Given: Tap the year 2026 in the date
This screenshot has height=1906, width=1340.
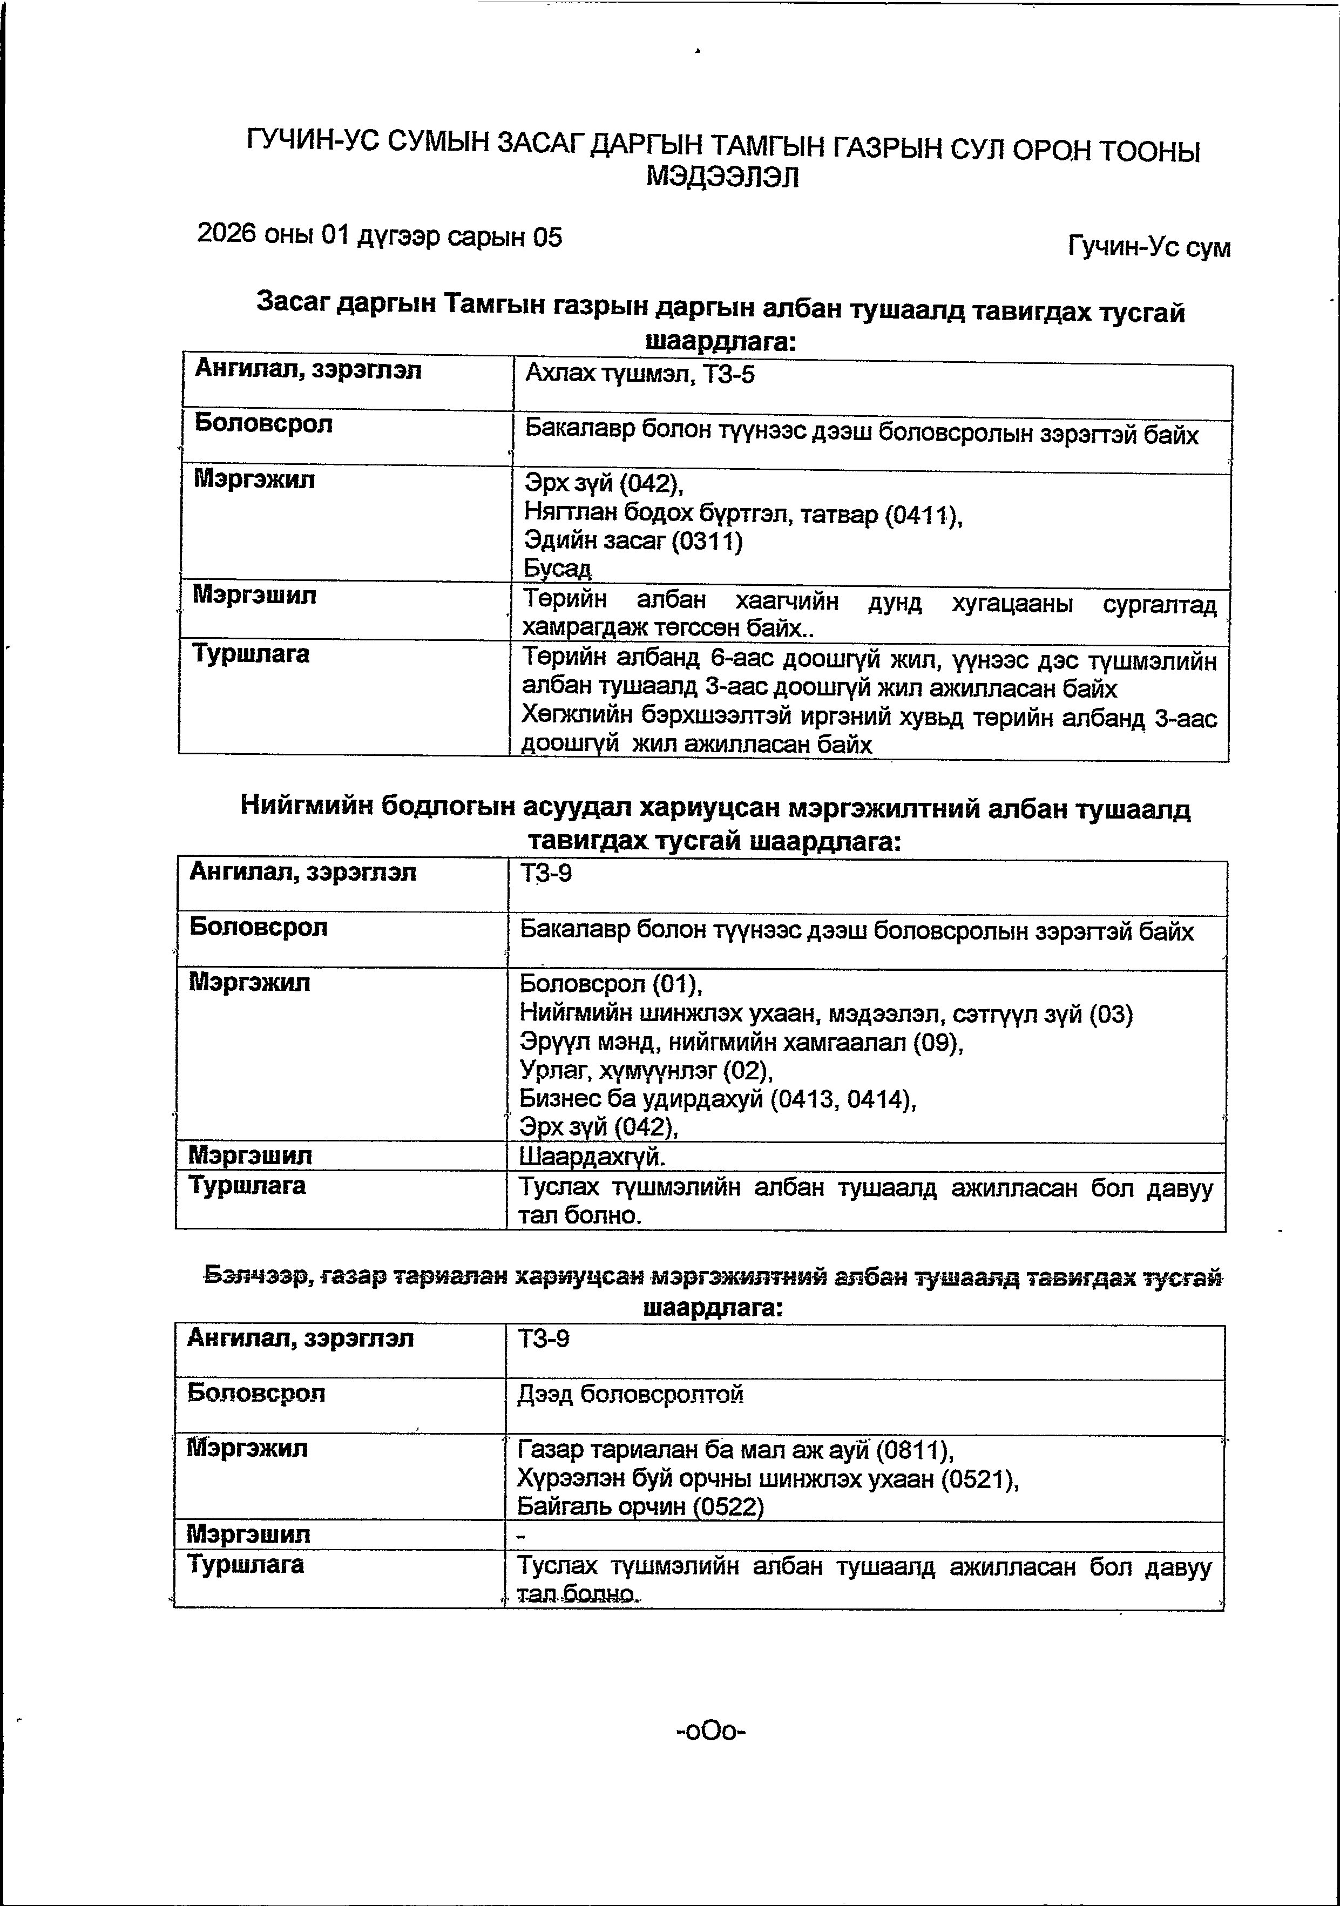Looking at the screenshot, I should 226,234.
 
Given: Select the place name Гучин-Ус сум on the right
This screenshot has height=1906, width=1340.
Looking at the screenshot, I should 1149,247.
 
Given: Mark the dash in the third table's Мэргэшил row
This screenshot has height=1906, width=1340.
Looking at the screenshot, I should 522,1537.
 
